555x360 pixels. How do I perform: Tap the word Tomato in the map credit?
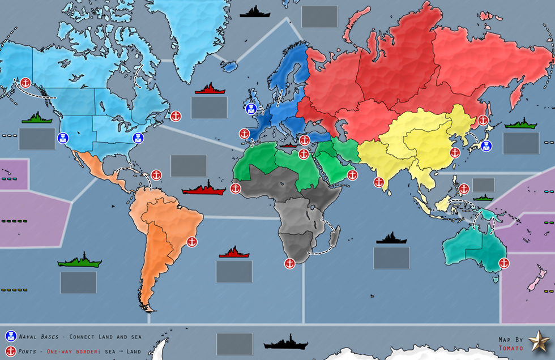click(510, 348)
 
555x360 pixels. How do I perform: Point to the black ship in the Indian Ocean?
click(391, 238)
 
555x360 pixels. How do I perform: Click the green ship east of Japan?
click(520, 124)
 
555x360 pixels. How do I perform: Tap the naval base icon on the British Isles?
click(251, 109)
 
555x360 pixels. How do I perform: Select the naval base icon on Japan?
click(486, 146)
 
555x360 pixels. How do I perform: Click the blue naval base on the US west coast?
click(63, 138)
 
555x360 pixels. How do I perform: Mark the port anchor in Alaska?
click(25, 83)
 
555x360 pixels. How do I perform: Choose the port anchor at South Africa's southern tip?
click(289, 263)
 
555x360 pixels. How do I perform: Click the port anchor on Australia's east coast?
click(503, 263)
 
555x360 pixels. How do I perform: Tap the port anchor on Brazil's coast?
click(192, 242)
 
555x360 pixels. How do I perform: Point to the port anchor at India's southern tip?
click(378, 182)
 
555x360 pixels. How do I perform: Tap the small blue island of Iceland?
click(229, 67)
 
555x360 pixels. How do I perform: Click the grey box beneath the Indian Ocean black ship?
click(391, 258)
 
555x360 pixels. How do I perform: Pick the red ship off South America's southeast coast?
click(234, 252)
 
